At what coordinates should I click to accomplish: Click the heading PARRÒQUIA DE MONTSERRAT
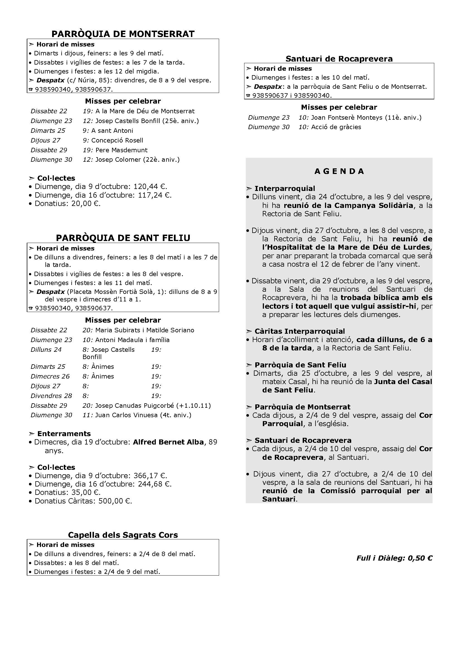click(123, 34)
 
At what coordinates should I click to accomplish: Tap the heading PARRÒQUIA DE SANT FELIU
click(123, 238)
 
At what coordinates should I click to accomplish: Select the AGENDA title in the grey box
click(339, 171)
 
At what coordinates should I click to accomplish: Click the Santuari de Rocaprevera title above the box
click(339, 59)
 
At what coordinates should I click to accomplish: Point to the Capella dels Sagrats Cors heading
click(123, 535)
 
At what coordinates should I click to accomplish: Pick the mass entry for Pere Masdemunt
click(122, 150)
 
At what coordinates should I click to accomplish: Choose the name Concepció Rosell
click(117, 140)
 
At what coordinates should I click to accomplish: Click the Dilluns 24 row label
click(46, 350)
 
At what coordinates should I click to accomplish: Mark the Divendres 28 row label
click(51, 395)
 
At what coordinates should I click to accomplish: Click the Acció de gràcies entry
click(336, 127)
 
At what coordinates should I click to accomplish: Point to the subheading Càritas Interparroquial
click(299, 331)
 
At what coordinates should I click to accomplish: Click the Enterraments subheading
click(64, 434)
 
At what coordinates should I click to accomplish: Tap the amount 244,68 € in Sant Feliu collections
click(154, 484)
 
